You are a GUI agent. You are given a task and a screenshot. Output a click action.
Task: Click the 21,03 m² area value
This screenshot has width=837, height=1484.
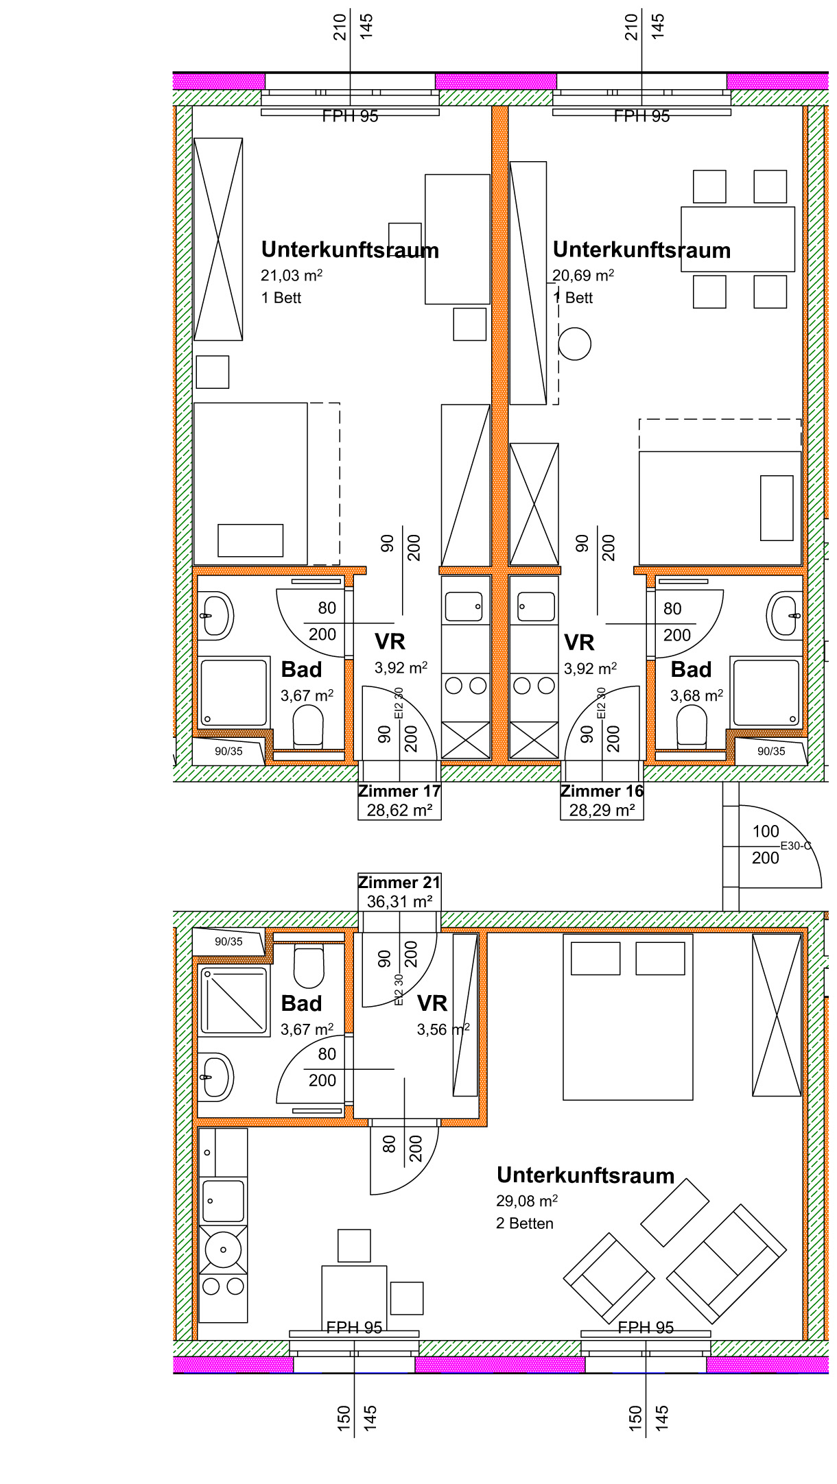tap(292, 275)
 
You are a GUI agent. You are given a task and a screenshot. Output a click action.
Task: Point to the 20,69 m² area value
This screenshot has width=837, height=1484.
tap(583, 275)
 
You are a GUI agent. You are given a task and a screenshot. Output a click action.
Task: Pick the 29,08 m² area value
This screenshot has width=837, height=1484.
tap(527, 1201)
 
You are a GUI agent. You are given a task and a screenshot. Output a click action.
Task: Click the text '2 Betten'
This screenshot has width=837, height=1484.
tap(525, 1223)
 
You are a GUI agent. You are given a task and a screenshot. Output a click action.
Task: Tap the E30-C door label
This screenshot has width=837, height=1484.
tap(796, 846)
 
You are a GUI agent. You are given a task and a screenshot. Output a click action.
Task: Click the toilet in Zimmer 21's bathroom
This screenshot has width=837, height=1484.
tap(309, 966)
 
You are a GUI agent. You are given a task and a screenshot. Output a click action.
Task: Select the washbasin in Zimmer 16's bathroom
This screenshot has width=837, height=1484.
tap(784, 616)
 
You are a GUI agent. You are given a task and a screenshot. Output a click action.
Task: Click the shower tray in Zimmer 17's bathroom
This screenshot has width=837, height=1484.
tap(233, 693)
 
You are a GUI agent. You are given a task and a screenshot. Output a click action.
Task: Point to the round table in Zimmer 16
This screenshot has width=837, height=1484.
tap(575, 344)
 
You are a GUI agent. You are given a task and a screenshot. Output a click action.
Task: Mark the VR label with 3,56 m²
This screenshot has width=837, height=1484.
tap(432, 1004)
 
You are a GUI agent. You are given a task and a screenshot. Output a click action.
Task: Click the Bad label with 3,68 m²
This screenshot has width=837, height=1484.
tap(691, 669)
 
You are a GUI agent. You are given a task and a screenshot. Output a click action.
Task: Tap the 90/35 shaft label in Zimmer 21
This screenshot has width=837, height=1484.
tap(228, 942)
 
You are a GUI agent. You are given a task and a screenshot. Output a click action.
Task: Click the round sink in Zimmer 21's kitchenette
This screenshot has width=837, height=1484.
tap(223, 1249)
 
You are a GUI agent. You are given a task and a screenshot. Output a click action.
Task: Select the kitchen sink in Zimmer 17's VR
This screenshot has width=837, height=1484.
tap(464, 607)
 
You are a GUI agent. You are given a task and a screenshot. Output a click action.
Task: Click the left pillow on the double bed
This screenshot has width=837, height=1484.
tap(596, 958)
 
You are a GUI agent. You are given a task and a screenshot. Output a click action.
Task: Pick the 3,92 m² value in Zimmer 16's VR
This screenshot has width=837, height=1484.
tap(591, 668)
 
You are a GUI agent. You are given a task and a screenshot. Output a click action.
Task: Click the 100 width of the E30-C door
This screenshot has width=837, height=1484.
tap(766, 832)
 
